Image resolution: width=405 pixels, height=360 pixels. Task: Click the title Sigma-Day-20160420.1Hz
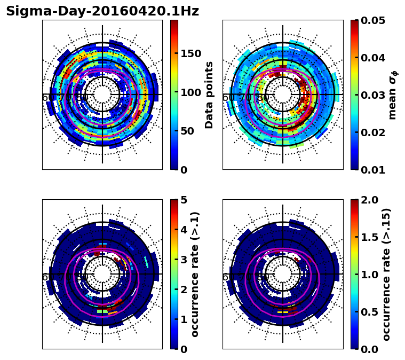102,11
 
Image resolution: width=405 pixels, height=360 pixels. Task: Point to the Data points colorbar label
209,95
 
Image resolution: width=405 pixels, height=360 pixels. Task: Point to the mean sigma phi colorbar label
392,95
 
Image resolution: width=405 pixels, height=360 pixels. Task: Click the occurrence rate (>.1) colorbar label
195,274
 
